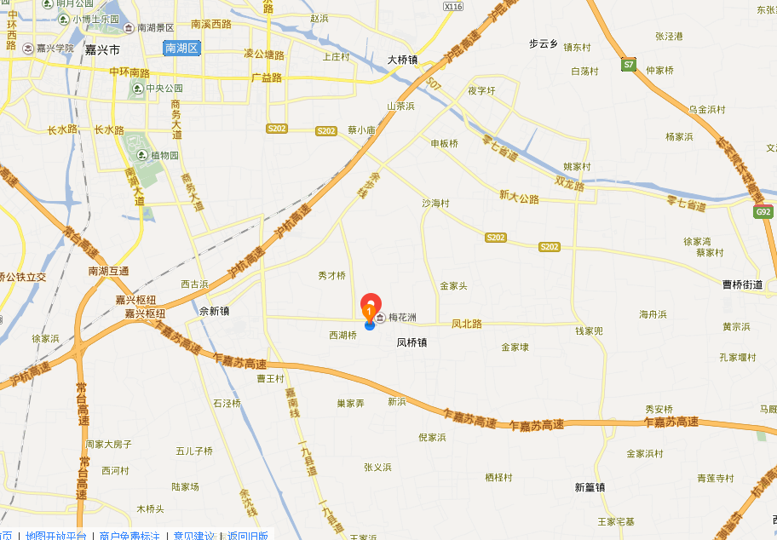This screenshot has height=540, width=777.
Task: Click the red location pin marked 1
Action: coord(371,305)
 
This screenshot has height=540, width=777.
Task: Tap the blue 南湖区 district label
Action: coord(181,48)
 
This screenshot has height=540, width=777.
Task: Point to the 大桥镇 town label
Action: coord(402,60)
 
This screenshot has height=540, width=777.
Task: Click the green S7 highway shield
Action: coord(629,65)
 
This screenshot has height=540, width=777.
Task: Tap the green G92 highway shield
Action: coord(763,212)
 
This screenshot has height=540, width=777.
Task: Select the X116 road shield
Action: coord(453,7)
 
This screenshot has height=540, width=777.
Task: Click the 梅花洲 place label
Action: coord(402,318)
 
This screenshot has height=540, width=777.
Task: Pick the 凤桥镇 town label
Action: coord(412,342)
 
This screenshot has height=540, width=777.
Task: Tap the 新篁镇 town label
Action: coord(590,487)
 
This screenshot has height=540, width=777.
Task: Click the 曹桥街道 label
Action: coord(743,284)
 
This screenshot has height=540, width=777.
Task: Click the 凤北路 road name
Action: coord(467,324)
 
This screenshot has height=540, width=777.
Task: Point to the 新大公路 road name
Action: coord(520,198)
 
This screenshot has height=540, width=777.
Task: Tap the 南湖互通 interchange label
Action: coord(108,271)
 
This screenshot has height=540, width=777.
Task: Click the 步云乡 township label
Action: coord(543,43)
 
